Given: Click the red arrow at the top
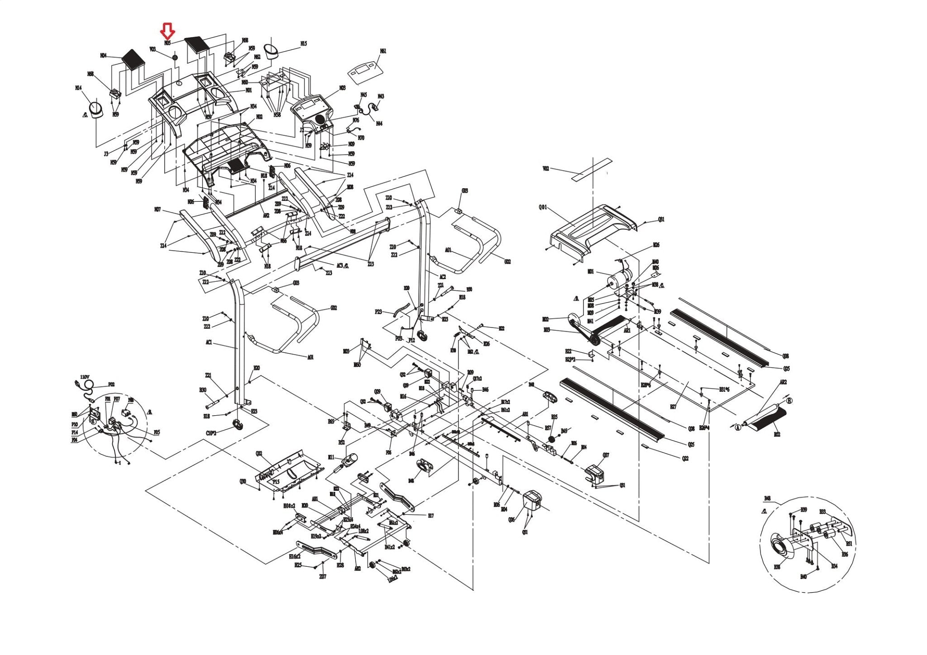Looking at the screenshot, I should pos(168,31).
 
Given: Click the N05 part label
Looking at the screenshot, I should pos(167,43).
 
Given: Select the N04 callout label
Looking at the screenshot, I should pos(103,56).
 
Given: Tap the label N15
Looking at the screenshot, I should pos(303,44).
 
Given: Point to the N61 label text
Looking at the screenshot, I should pos(383,52).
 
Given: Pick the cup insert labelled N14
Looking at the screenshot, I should pos(96,110).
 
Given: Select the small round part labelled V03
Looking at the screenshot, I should pos(175,58).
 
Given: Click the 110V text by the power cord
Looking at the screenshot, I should pos(85,377).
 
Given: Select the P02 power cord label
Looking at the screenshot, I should pos(111,385).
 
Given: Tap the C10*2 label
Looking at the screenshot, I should pos(211,433).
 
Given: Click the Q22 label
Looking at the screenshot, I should pos(685,458).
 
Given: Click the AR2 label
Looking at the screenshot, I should pos(783,382).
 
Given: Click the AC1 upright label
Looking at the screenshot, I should pos(209,342).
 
